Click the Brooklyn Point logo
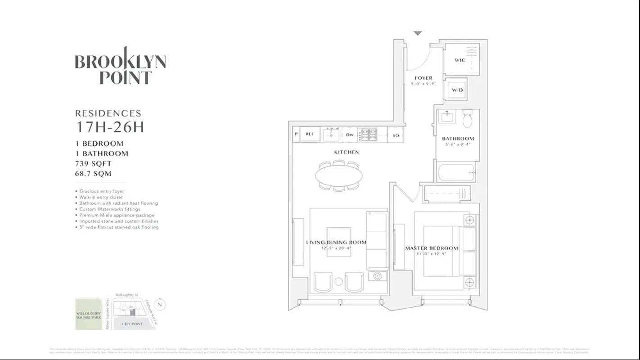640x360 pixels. point(120,66)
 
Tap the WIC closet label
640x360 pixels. point(460,60)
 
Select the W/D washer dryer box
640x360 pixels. point(457,90)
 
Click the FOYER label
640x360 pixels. point(423,78)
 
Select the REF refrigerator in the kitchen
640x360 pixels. point(310,135)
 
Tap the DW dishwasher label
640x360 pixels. point(350,135)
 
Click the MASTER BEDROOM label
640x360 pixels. point(431,248)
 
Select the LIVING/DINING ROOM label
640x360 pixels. point(336,243)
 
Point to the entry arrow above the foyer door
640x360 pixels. point(418,33)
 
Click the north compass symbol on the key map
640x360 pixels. point(161,305)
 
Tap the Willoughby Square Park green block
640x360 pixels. point(89,314)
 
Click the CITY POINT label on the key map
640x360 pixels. point(132,324)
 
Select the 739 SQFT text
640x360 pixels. point(93,164)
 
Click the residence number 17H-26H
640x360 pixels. point(110,127)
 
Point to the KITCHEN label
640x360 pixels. point(346,153)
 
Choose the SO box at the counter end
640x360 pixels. point(396,135)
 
